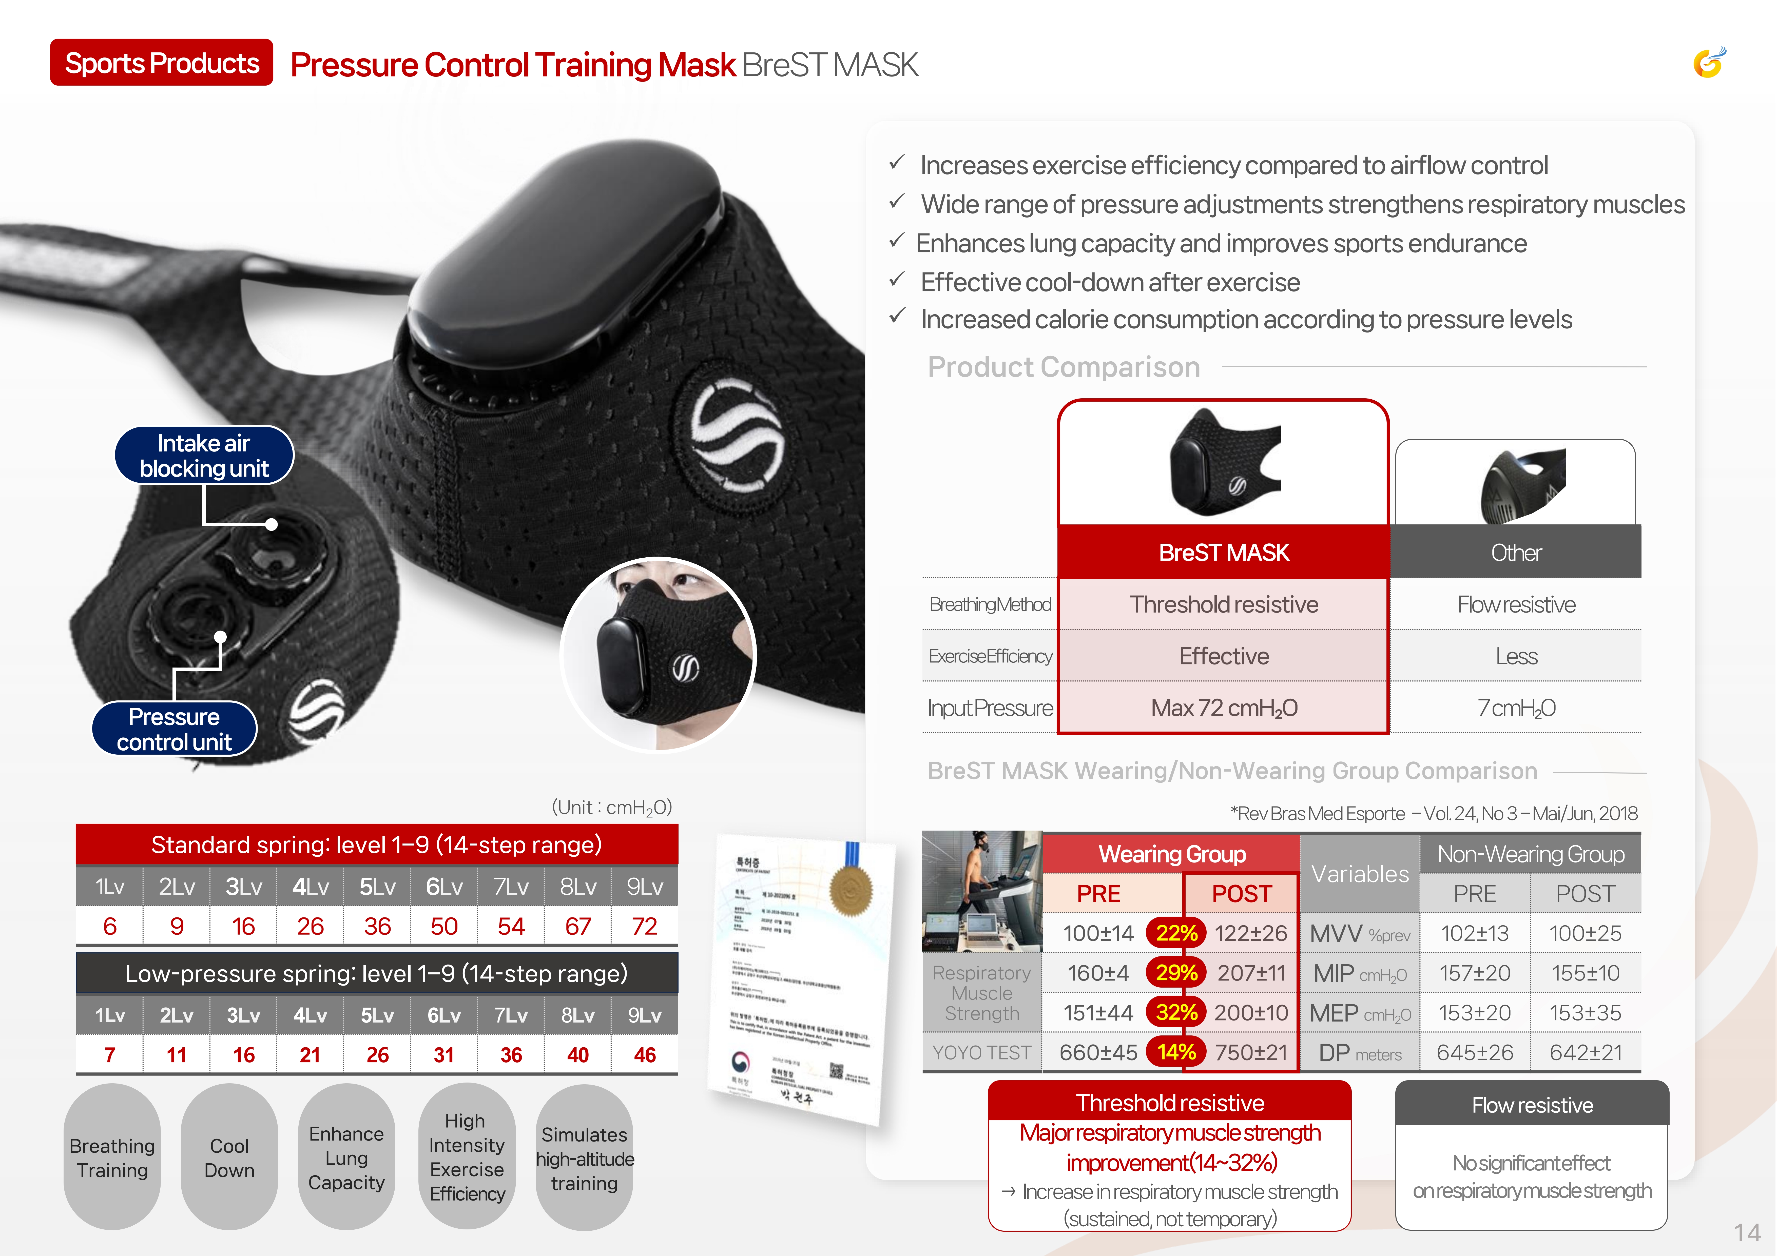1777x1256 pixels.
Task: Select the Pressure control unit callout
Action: [x=174, y=729]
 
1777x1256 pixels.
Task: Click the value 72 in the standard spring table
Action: [x=644, y=926]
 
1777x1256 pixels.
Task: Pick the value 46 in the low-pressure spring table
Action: [x=644, y=1055]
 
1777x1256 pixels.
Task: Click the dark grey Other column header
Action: [x=1515, y=553]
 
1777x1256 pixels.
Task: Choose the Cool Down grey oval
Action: [x=229, y=1157]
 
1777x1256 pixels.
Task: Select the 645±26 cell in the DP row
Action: [x=1474, y=1052]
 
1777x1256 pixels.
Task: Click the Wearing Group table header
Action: [x=1172, y=854]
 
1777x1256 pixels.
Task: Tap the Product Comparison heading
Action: [x=1064, y=367]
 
